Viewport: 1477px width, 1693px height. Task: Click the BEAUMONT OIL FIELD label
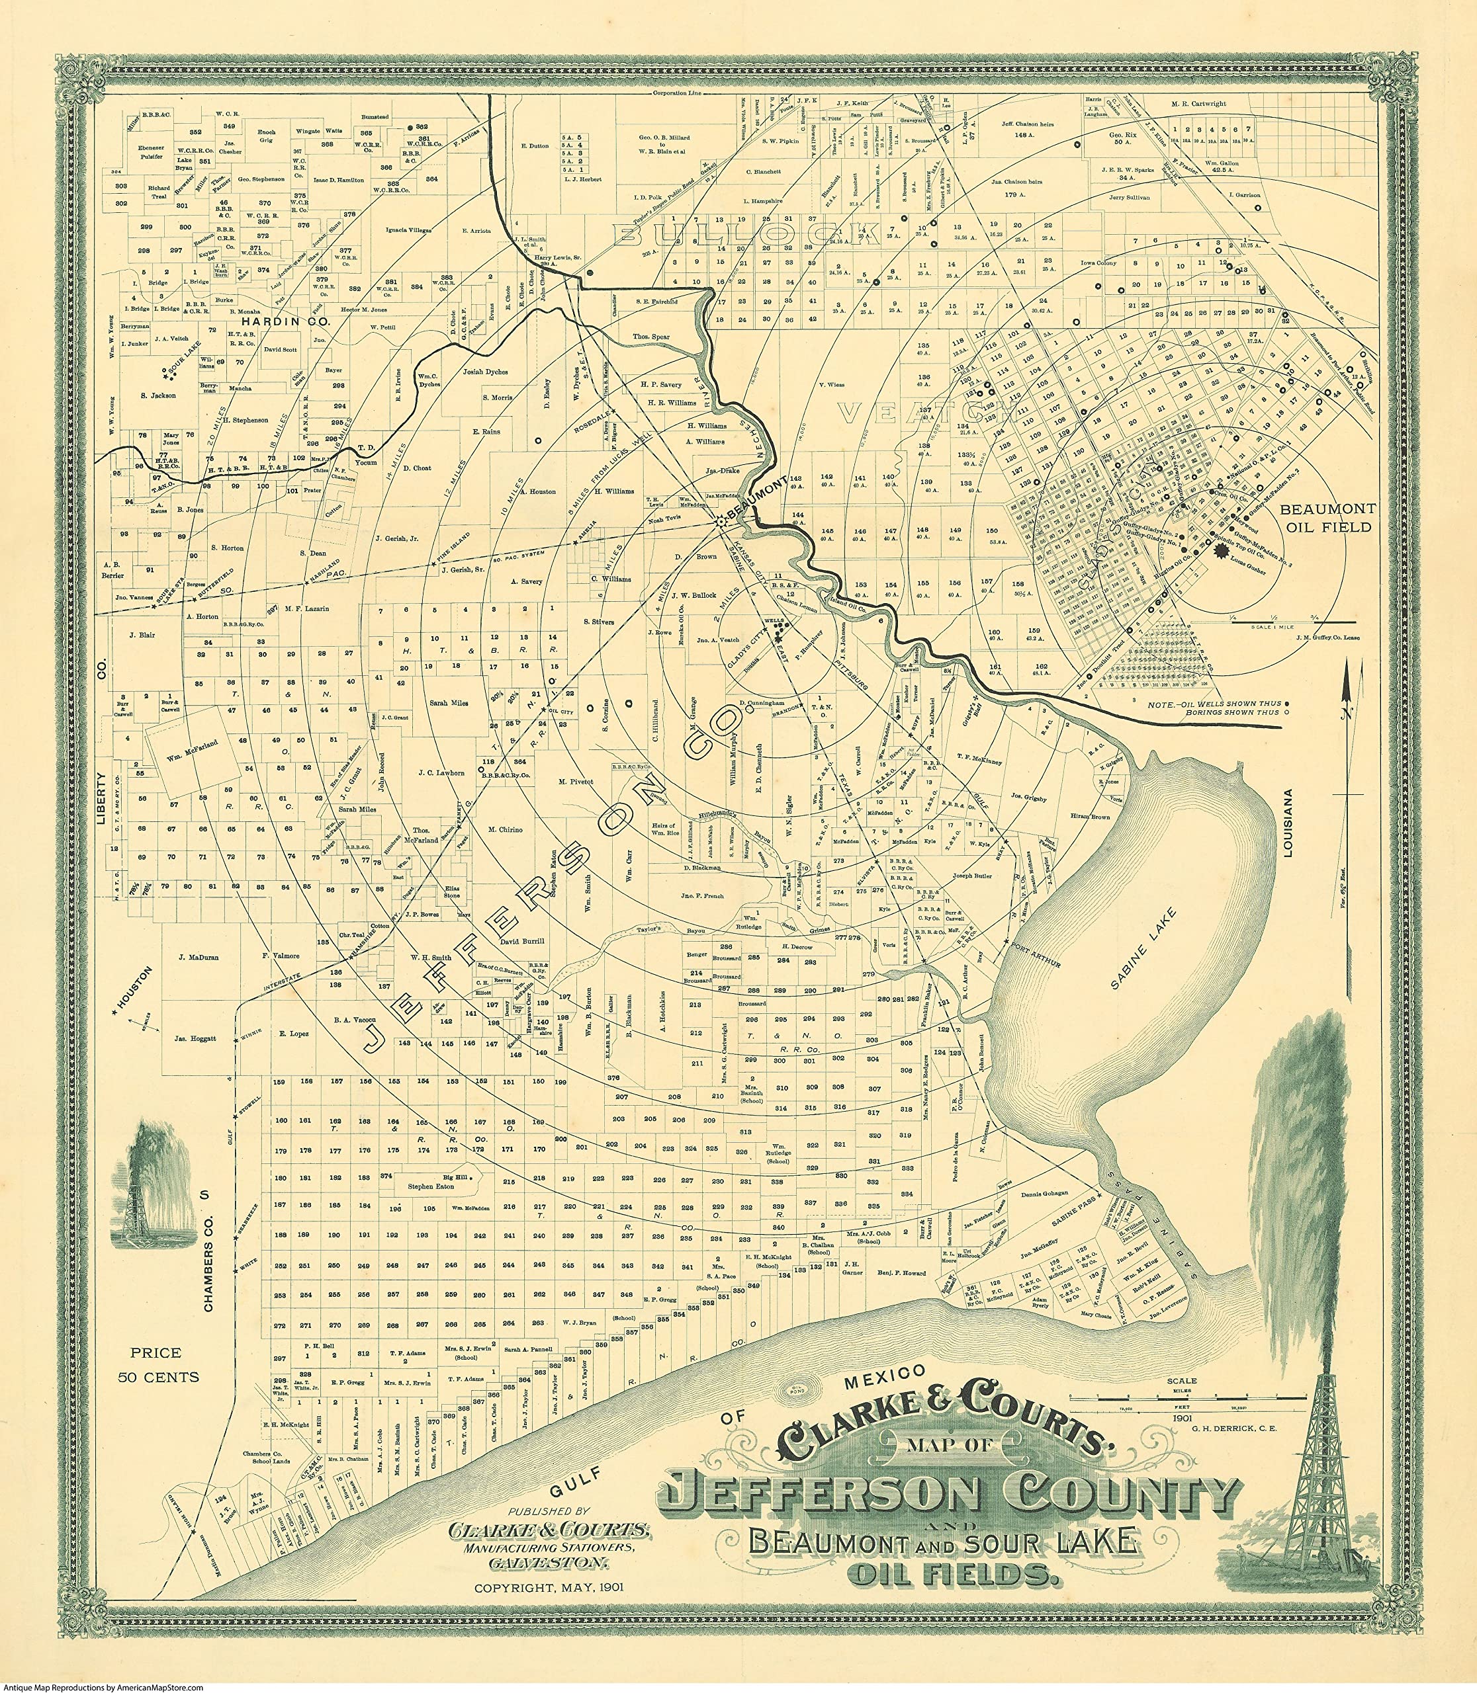point(1327,518)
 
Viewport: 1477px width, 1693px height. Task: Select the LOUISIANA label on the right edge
point(1288,824)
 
